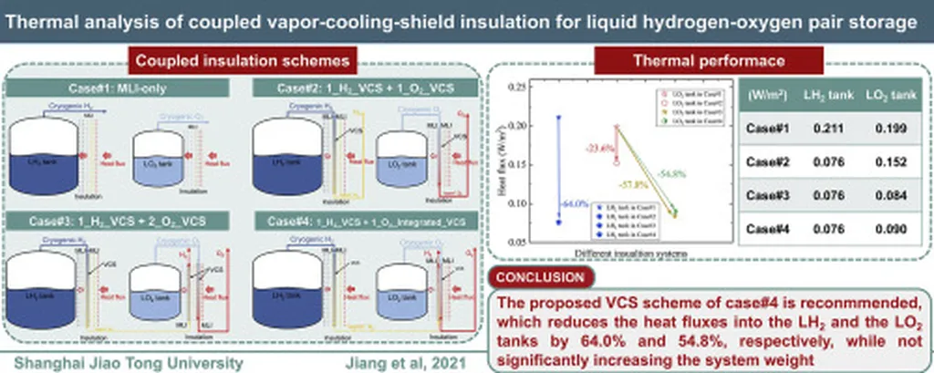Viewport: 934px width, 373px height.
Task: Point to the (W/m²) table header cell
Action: [x=767, y=95]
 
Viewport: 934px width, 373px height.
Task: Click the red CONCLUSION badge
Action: [x=537, y=276]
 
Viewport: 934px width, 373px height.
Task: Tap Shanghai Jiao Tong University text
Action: [x=124, y=362]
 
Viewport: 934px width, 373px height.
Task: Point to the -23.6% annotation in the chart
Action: [x=599, y=146]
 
